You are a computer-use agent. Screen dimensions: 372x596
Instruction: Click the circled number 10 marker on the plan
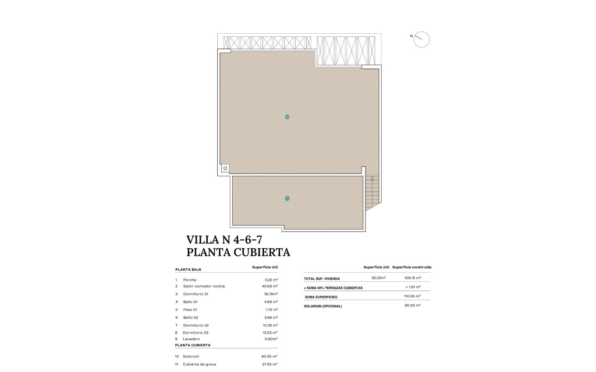point(287,117)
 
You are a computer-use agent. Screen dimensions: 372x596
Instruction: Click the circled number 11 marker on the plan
point(287,198)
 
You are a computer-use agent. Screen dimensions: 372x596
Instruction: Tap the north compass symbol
point(422,39)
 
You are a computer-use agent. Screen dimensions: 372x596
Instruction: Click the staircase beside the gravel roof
point(372,193)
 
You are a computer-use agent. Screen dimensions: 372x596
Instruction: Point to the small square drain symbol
point(225,168)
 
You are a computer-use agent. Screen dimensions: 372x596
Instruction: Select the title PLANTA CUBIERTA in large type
point(238,252)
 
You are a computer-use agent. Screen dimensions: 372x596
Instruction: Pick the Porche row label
point(190,280)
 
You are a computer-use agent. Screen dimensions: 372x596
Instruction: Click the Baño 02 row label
point(191,317)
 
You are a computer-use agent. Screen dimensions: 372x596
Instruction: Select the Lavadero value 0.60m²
point(270,338)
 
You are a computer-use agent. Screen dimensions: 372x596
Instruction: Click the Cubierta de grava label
point(199,364)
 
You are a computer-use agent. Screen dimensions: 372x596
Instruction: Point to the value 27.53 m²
point(270,364)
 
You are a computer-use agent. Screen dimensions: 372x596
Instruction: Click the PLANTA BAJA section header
point(188,270)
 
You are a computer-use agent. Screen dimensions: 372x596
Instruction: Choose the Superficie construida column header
point(412,267)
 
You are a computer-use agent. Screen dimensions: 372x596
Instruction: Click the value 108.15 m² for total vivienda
point(412,278)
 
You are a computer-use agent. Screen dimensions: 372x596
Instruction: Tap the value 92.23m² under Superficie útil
point(378,278)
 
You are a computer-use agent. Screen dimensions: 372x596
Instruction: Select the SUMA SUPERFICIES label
point(321,297)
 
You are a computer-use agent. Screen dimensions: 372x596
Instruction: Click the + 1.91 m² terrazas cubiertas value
point(413,287)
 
